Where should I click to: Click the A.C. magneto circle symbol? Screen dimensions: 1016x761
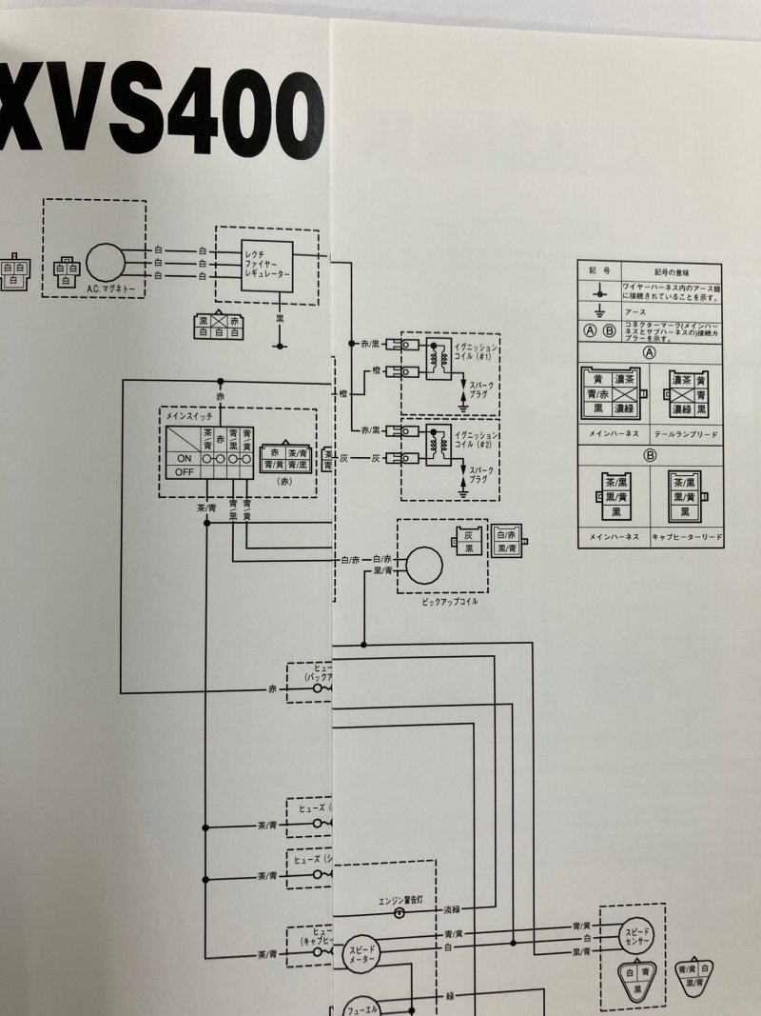[105, 263]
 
